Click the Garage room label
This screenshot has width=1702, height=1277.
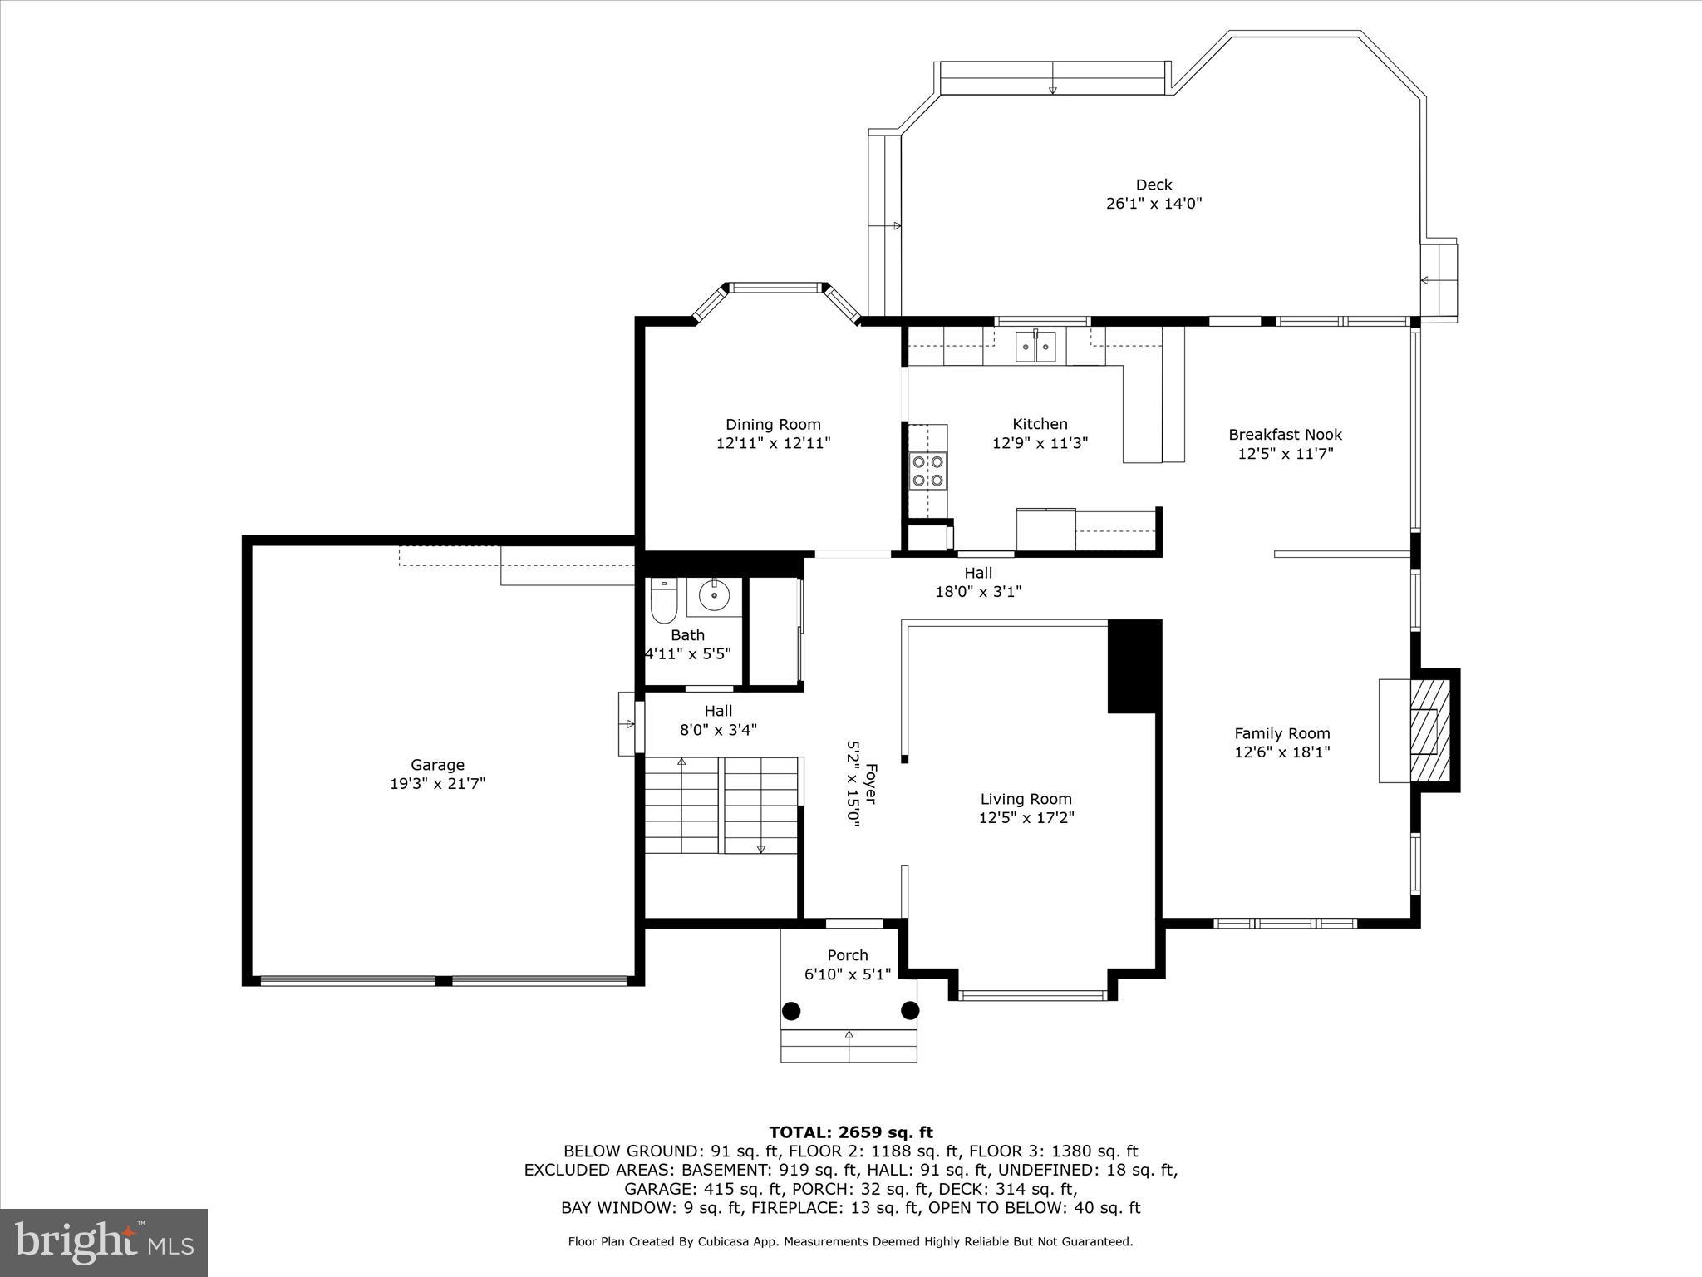coord(437,765)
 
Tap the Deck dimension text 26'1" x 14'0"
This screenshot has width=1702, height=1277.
coord(1154,204)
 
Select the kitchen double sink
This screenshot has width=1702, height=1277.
coord(1035,346)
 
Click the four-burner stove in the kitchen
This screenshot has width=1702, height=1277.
coord(928,470)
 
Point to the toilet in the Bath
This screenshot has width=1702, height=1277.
coord(663,602)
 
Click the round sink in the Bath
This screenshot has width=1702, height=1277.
coord(714,595)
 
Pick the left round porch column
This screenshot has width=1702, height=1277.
coord(791,1011)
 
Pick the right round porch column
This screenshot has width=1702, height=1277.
coord(911,1011)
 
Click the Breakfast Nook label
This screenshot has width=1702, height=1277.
coord(1285,435)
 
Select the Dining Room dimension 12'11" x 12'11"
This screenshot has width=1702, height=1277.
coord(773,444)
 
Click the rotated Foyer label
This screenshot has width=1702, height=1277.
coord(870,783)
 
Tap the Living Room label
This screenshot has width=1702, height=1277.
coord(1026,799)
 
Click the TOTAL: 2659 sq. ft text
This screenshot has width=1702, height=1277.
coord(850,1132)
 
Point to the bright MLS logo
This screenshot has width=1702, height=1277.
coord(104,1242)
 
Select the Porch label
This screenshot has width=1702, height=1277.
coord(848,955)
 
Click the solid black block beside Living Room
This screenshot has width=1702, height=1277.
coord(1134,666)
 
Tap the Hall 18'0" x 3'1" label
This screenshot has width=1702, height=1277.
coord(978,582)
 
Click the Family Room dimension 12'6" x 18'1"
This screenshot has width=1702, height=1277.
coord(1281,752)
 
